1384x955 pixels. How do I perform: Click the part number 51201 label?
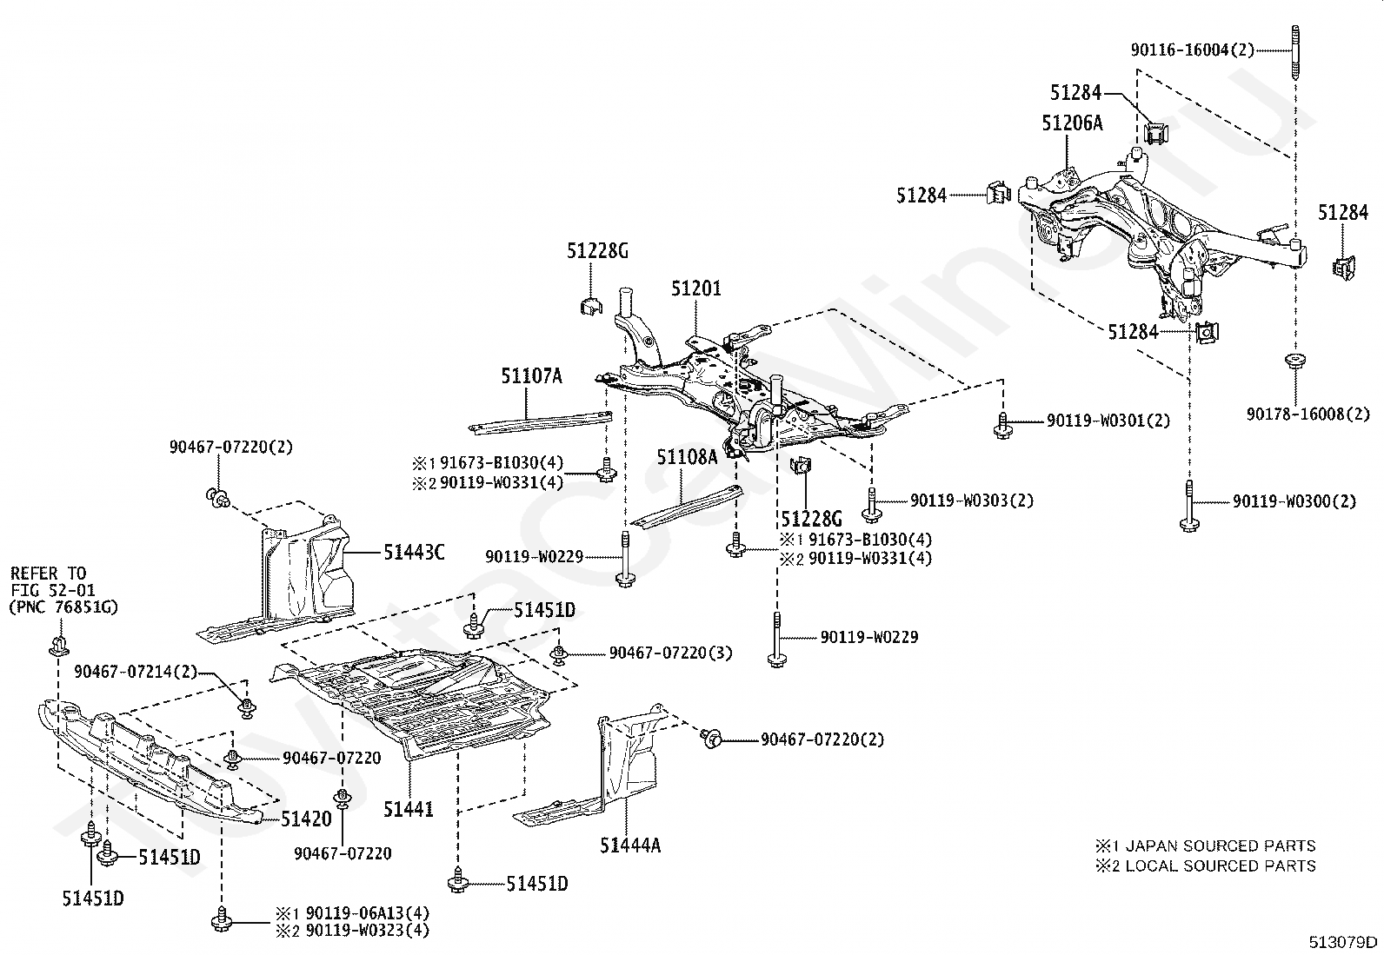coord(696,288)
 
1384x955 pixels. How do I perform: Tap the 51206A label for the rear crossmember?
coord(1072,123)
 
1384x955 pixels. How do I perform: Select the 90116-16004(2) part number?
coord(1193,50)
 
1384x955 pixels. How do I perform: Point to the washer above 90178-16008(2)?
coord(1295,361)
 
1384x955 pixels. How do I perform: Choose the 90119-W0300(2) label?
coord(1294,501)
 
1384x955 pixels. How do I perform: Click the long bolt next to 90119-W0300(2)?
coord(1189,506)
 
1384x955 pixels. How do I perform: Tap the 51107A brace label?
coord(531,375)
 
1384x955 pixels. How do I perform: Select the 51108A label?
coord(687,457)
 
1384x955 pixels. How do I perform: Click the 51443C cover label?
coord(414,553)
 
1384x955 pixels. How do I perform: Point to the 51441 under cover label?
coord(408,809)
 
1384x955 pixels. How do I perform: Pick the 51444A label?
coord(630,845)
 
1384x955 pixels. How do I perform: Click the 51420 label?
coord(307,819)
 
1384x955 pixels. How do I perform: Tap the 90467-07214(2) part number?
coord(136,672)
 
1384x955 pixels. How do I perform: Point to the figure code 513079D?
coord(1343,942)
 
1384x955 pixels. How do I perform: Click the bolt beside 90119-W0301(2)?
coord(1002,425)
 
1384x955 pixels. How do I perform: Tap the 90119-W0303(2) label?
coord(972,501)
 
